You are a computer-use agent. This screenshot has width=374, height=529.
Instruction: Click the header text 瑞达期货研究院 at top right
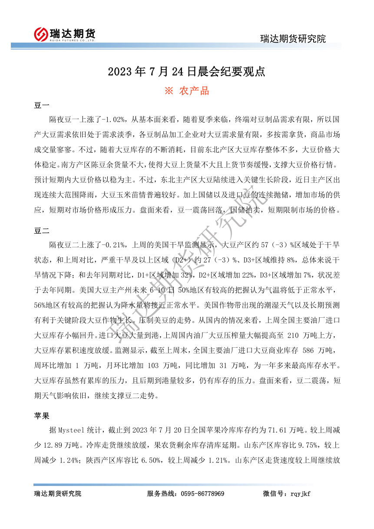click(293, 38)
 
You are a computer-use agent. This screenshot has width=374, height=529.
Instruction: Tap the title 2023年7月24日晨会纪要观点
click(187, 71)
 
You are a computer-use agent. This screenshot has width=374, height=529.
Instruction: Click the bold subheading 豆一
click(42, 106)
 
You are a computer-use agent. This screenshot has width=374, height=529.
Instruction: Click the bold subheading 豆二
click(42, 231)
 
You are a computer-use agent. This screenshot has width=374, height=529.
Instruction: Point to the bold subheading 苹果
click(42, 416)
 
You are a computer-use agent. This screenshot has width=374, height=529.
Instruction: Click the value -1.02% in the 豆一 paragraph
click(114, 119)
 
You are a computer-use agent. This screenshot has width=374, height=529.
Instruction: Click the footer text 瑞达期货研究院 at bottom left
click(57, 493)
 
